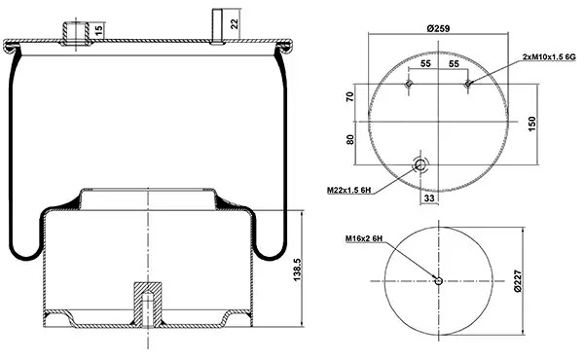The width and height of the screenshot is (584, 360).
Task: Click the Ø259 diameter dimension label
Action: [x=438, y=28]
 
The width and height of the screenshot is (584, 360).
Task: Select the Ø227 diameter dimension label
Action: [x=518, y=281]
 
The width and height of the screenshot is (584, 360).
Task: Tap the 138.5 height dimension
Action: [x=298, y=270]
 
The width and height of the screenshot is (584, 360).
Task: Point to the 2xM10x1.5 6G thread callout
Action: [x=549, y=57]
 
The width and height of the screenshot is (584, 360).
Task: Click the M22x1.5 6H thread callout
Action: [x=349, y=191]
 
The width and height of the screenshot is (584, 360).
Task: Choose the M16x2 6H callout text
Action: [x=364, y=238]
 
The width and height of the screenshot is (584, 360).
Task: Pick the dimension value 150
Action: [x=531, y=124]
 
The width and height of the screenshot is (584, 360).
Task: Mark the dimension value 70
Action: [x=350, y=97]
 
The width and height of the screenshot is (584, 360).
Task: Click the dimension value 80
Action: [x=350, y=140]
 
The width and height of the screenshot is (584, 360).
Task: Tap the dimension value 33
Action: [x=429, y=198]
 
